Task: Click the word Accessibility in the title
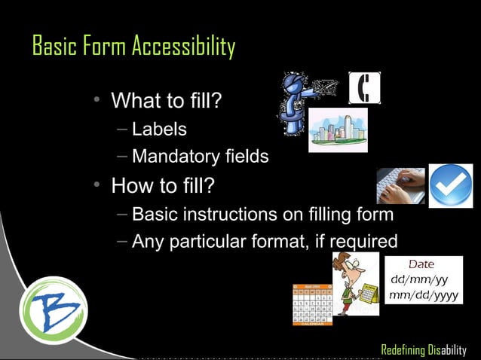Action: [x=183, y=47]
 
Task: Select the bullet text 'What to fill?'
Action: [x=166, y=100]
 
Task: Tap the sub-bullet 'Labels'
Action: [x=159, y=129]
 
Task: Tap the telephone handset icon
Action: [x=364, y=89]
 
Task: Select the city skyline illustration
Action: [x=337, y=130]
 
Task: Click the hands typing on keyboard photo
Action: [x=400, y=185]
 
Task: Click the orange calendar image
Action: [x=313, y=305]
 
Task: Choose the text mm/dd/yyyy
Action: [x=423, y=295]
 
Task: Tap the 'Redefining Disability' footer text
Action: [x=424, y=350]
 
